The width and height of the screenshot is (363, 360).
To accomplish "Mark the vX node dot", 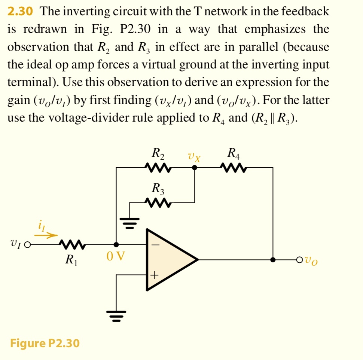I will (x=194, y=168).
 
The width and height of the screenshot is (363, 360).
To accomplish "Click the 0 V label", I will (x=116, y=257).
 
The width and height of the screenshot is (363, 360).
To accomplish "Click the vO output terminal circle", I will (x=299, y=259).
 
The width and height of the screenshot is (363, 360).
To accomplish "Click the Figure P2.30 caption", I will (x=45, y=343).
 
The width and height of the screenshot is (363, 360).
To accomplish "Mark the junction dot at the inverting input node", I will (x=116, y=245).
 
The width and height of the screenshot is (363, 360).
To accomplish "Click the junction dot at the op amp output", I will (x=273, y=259).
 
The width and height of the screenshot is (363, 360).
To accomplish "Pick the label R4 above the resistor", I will (x=234, y=154).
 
